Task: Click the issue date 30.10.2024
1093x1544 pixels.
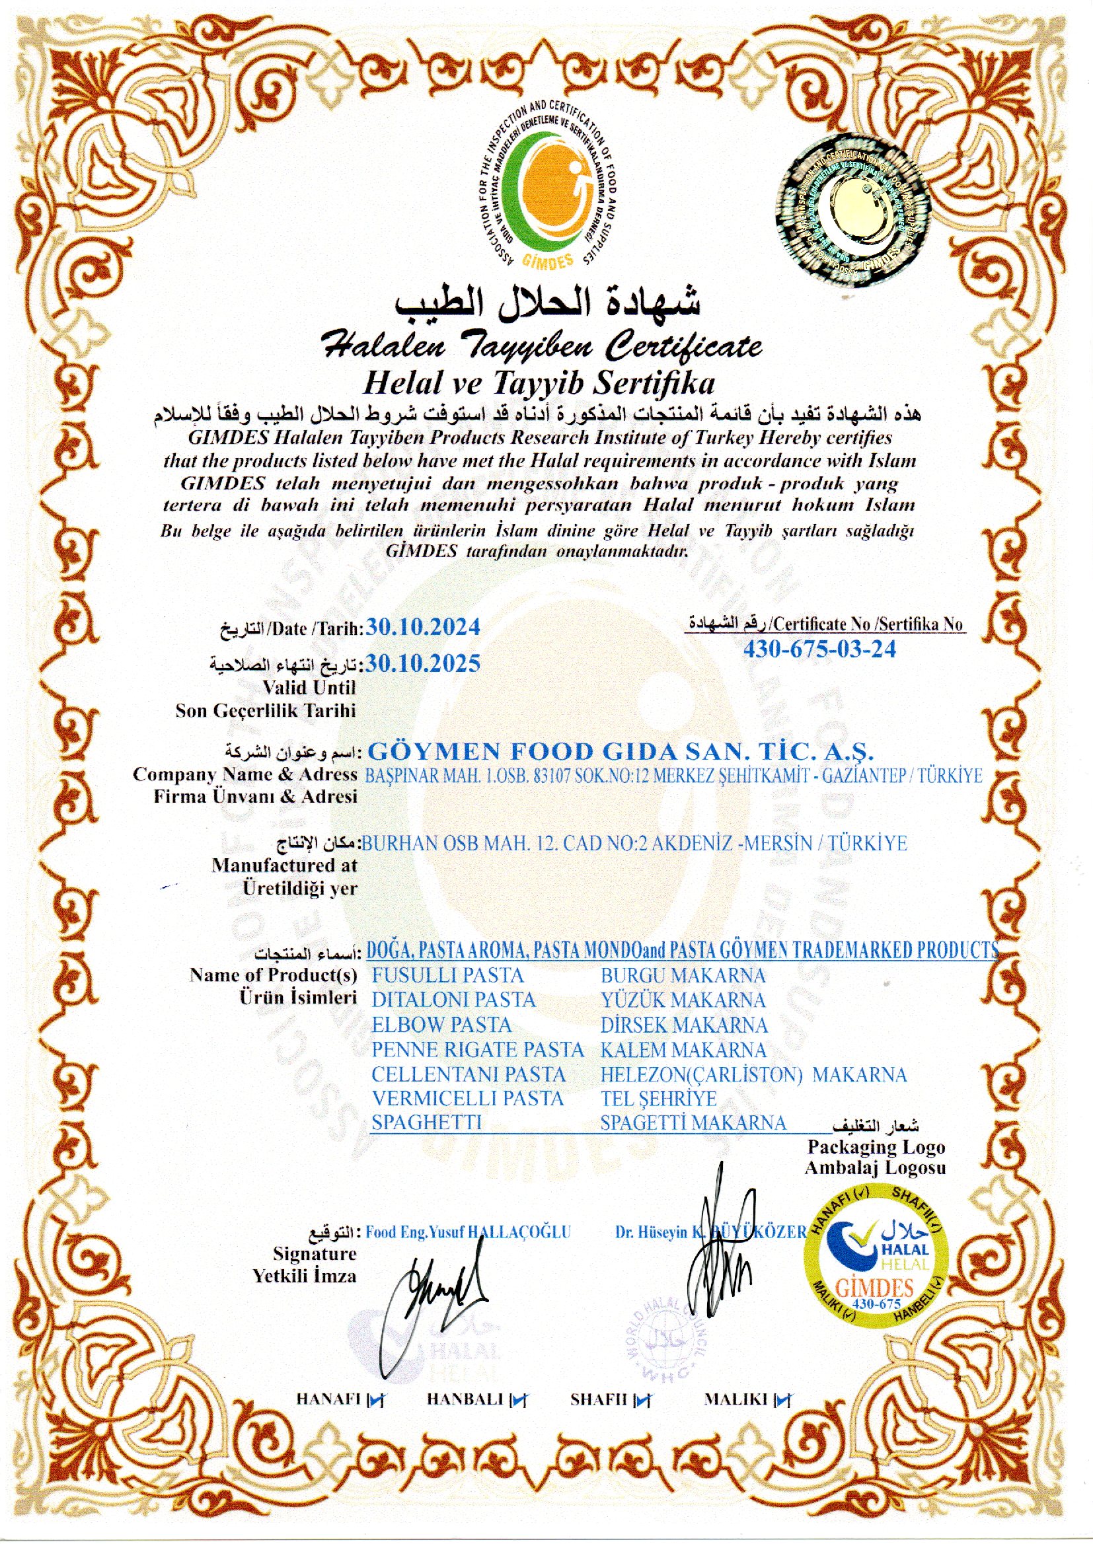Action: [422, 627]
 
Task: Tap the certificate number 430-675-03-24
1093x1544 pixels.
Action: [819, 649]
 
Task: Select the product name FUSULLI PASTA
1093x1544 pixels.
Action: [447, 975]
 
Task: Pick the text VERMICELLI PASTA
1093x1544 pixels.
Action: [467, 1099]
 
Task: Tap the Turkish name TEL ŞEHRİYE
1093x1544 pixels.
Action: [658, 1099]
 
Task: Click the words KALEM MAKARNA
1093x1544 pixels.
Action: [683, 1050]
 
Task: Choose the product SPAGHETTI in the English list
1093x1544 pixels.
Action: [427, 1122]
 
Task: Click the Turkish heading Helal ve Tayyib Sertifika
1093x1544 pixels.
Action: [538, 383]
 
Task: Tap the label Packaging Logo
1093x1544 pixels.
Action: [876, 1146]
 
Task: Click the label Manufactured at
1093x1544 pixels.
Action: [284, 865]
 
